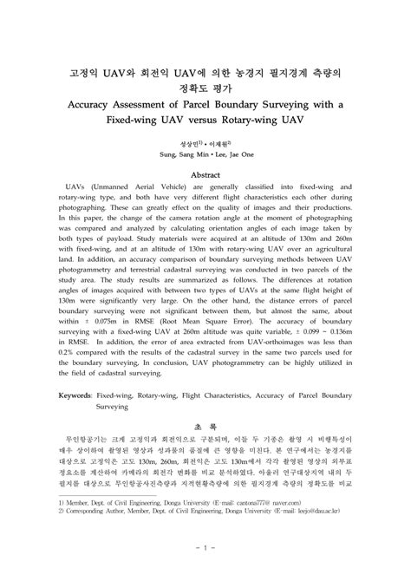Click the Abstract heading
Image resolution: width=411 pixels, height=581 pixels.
coord(205,173)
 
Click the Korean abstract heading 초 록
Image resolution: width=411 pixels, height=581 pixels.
coord(205,427)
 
